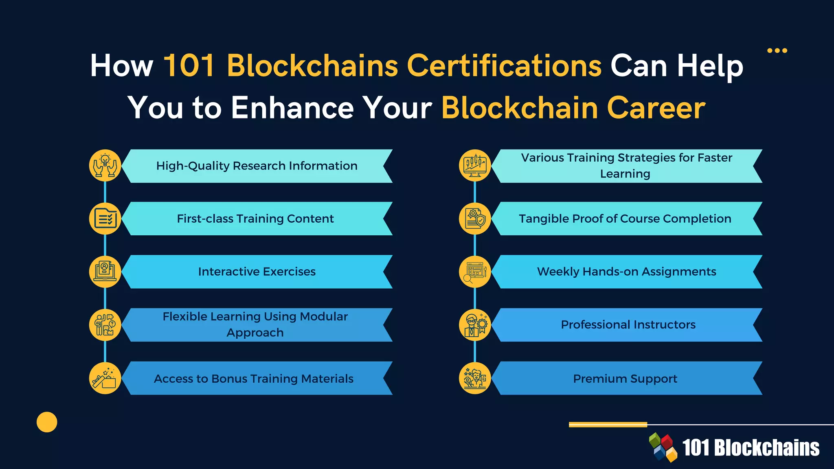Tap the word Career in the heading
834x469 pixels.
pos(656,108)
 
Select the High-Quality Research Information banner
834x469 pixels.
pos(257,166)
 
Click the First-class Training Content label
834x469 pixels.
pos(255,219)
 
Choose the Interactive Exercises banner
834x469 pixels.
pos(257,272)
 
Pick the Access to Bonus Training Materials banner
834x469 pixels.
pos(254,379)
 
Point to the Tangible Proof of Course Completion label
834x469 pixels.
pos(625,219)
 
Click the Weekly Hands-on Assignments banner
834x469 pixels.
pos(626,272)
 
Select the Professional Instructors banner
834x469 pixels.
pos(628,324)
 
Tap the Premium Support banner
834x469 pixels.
pos(625,379)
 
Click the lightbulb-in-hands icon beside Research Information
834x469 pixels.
pos(105,165)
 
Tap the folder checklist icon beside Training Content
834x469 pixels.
pos(105,218)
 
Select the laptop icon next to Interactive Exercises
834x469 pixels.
pos(105,272)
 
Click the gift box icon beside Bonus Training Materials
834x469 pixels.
pos(105,378)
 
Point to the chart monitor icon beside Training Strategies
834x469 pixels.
pos(475,165)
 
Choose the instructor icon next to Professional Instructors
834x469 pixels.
pos(475,324)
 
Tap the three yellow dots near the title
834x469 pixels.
pos(777,50)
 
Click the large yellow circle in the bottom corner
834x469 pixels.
pos(47,422)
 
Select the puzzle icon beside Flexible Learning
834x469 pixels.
pos(105,324)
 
